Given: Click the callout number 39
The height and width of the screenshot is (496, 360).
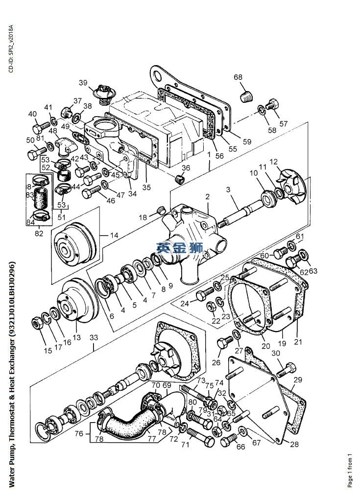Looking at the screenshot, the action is point(83,83).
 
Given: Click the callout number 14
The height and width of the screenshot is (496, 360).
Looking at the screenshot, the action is point(114,236).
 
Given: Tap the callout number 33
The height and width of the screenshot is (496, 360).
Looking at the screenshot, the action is point(94,337).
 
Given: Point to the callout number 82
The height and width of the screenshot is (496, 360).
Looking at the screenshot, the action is point(39,234).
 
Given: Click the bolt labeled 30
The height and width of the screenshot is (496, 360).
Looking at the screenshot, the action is point(287,371).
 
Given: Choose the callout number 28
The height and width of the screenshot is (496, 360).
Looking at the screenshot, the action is point(294,445).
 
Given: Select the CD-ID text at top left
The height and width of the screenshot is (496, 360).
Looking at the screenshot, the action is point(11,49).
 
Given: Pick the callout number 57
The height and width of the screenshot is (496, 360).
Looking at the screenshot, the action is point(284,123).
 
